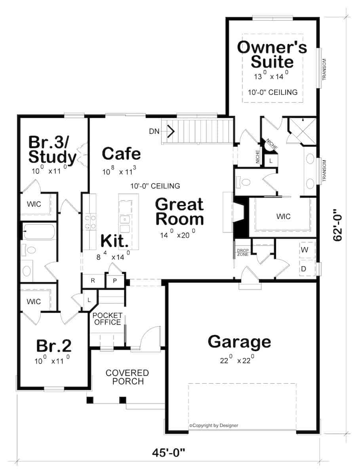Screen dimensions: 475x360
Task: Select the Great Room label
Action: pos(179,212)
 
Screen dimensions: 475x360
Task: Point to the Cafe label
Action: pos(121,154)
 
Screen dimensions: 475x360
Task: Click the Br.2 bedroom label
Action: pos(54,346)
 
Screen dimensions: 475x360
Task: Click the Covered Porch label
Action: pos(127,377)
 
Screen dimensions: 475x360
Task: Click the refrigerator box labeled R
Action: pos(93,281)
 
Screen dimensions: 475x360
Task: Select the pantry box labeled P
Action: pos(114,281)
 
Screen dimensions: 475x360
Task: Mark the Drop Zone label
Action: pos(242,252)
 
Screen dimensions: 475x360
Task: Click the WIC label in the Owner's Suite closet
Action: pos(283,217)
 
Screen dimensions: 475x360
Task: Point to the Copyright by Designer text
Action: pos(214,426)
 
